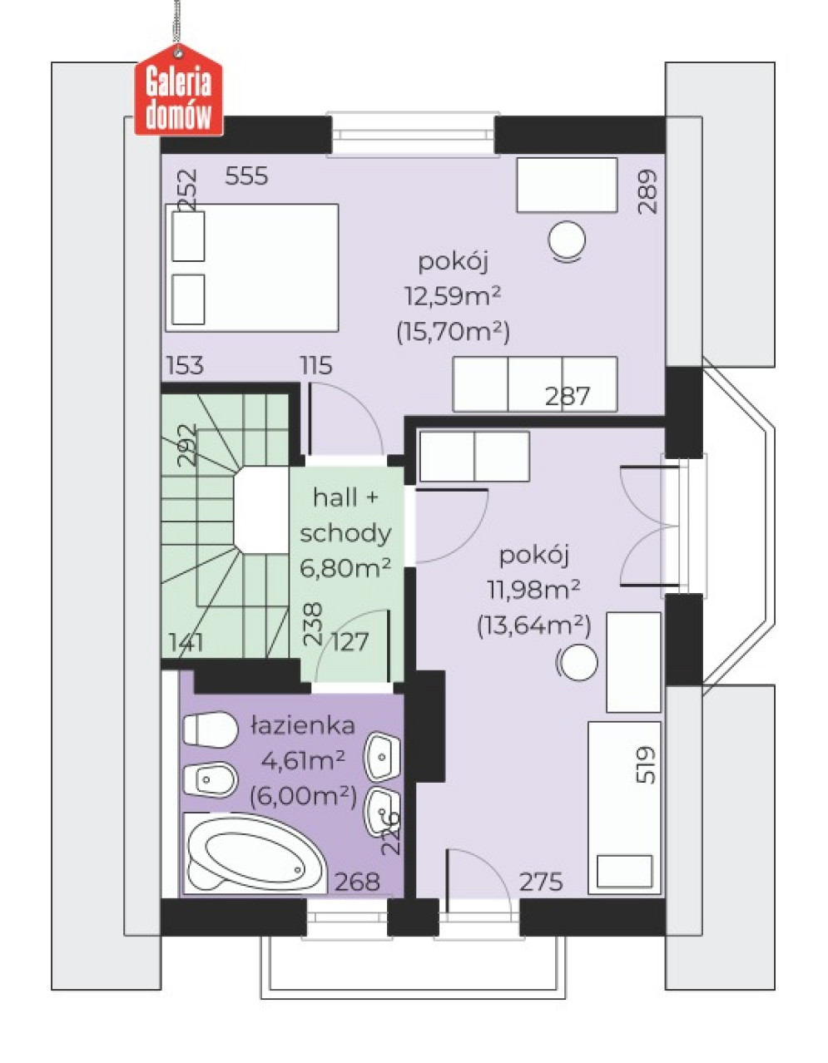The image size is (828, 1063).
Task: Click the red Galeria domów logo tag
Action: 179,91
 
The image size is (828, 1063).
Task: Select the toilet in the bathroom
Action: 209,729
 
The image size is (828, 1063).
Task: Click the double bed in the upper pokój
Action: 252,268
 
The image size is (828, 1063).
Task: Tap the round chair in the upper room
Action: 567,240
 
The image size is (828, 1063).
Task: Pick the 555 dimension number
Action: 246,176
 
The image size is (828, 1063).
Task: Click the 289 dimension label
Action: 647,191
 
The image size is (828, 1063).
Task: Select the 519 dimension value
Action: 647,765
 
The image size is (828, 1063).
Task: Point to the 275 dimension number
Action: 541,882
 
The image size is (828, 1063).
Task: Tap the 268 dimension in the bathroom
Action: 357,882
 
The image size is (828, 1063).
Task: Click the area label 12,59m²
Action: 452,296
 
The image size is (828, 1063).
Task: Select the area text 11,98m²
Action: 534,590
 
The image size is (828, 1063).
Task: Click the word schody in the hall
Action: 345,534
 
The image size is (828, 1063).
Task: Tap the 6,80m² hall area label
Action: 345,568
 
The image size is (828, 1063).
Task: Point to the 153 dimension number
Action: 185,365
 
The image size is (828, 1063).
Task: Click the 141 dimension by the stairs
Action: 186,642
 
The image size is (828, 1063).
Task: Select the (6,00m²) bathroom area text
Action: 303,798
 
